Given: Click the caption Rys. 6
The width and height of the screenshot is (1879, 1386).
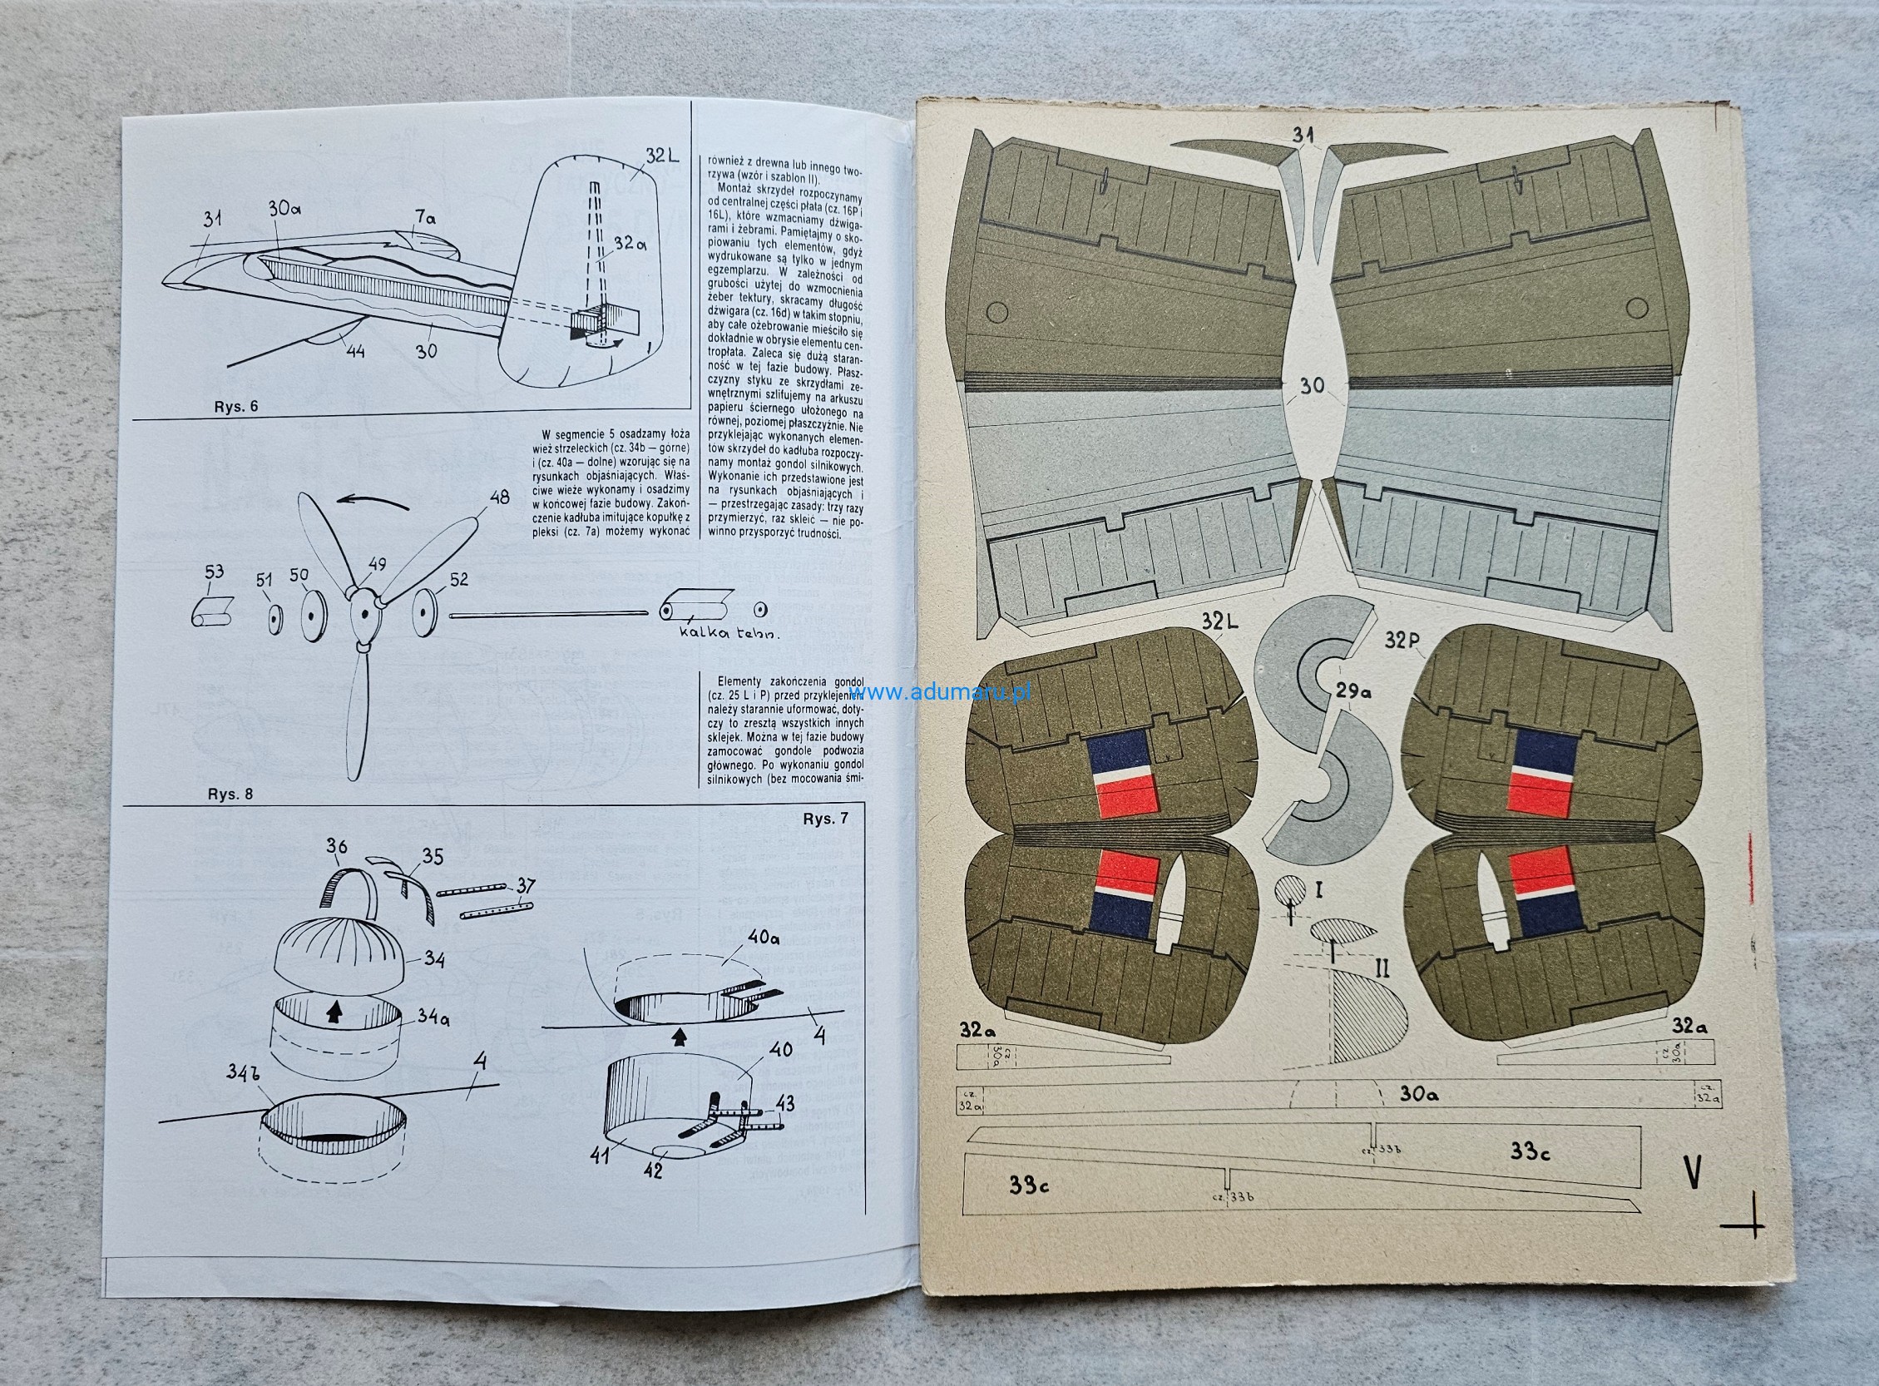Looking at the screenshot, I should click(x=235, y=406).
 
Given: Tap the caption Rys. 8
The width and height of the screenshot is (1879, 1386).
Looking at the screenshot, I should click(x=230, y=794).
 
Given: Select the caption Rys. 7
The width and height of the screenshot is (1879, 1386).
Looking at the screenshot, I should click(x=824, y=819).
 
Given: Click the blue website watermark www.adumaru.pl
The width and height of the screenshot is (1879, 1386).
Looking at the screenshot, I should click(x=941, y=692).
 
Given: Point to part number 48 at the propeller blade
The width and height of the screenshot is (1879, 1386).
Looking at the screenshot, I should click(x=499, y=497).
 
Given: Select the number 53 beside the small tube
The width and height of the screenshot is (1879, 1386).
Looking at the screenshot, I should click(x=214, y=572).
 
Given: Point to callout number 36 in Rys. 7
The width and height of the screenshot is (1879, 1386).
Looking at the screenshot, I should click(x=336, y=846).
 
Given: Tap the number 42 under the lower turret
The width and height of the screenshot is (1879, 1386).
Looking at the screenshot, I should click(x=654, y=1169).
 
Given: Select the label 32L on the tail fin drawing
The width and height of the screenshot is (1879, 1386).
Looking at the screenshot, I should click(x=662, y=156).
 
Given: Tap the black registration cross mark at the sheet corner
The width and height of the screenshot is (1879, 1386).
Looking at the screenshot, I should click(x=1743, y=1225).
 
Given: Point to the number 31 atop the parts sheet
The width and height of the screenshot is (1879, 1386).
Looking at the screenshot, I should click(x=1303, y=136).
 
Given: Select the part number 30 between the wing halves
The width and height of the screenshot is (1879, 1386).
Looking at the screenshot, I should click(x=1312, y=385).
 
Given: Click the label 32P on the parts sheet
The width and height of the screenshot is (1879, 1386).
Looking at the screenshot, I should click(x=1402, y=639).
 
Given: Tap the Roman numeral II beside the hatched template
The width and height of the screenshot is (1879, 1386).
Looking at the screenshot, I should click(x=1382, y=969).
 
